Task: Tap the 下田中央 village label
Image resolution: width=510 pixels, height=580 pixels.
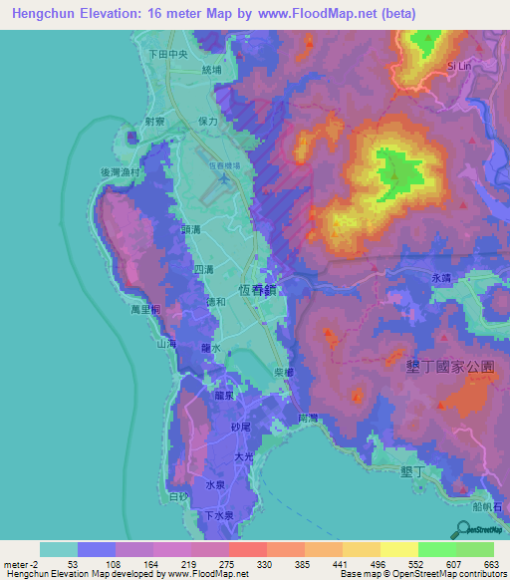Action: pyautogui.click(x=167, y=55)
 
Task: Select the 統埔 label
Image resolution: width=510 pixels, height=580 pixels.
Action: pyautogui.click(x=213, y=71)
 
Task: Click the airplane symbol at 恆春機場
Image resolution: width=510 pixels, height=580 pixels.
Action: pyautogui.click(x=224, y=181)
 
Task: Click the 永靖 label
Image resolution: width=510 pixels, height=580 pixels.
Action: pyautogui.click(x=441, y=280)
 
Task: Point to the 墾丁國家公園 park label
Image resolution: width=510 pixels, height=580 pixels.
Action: pyautogui.click(x=451, y=367)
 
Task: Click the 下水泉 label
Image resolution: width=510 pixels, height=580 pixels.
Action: pyautogui.click(x=218, y=515)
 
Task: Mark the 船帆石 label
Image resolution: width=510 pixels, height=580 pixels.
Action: pyautogui.click(x=489, y=506)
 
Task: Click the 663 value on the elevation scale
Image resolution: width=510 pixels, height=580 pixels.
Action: pyautogui.click(x=491, y=564)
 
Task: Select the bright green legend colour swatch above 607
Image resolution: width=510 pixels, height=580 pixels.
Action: pyautogui.click(x=436, y=549)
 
